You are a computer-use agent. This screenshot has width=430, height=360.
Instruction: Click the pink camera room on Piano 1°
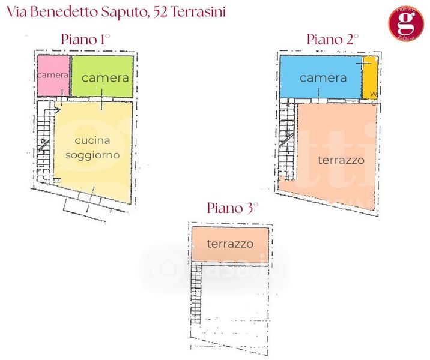53,76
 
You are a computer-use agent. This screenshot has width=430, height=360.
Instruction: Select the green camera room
102,77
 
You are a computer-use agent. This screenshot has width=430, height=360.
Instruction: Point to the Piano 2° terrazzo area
336,159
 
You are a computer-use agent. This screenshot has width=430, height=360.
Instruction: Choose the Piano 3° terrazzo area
229,244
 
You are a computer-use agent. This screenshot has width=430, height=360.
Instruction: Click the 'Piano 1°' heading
86,40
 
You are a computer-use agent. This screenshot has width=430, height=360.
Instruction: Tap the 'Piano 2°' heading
332,40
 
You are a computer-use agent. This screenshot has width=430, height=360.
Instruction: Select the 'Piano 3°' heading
232,208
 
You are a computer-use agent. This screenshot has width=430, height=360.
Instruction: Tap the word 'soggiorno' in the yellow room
94,155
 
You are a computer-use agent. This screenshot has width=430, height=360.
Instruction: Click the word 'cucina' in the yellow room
92,140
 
